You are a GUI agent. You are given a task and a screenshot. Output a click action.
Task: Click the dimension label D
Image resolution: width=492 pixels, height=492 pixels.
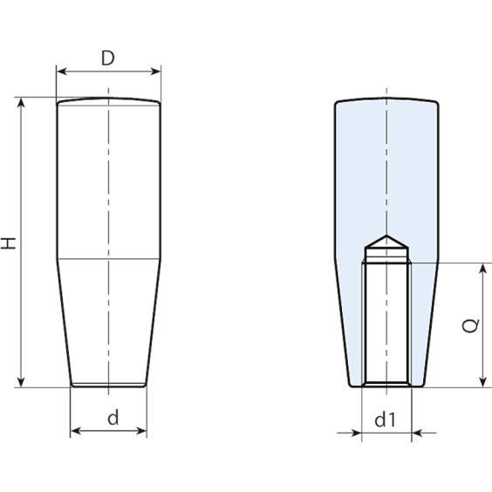(x=107, y=58)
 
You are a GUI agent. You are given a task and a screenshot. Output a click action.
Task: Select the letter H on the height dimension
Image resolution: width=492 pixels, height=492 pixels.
(x=10, y=242)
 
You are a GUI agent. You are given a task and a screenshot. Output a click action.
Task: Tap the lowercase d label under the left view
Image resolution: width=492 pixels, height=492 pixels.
(x=112, y=418)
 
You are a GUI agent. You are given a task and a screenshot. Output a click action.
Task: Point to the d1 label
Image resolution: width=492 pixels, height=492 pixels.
(x=386, y=420)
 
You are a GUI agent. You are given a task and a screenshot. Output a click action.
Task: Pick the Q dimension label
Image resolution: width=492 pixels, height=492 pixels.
(x=470, y=325)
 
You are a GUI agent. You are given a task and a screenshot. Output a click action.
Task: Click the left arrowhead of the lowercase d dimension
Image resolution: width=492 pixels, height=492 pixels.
(x=74, y=430)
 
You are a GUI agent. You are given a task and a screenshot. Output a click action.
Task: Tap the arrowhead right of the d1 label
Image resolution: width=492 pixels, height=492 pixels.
(x=416, y=431)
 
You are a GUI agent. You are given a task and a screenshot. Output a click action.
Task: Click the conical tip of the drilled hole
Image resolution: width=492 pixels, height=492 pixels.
(x=386, y=241)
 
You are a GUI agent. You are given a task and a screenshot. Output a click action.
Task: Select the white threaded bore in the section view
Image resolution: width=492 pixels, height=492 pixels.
(x=386, y=323)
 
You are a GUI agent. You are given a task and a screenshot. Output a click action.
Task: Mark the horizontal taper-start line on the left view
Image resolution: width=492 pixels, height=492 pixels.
(x=108, y=260)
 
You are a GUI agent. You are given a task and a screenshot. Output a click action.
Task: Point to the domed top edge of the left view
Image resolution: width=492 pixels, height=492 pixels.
(x=108, y=99)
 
